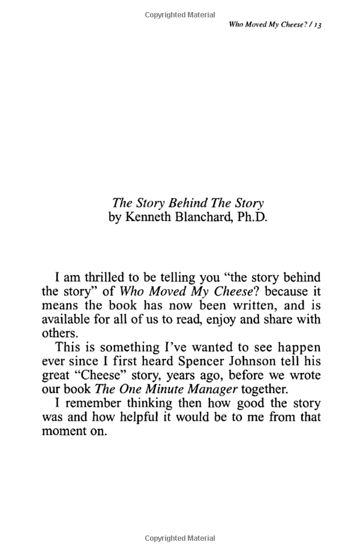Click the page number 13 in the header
(318, 26)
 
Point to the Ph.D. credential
(252, 217)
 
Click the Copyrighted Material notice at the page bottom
(180, 538)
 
